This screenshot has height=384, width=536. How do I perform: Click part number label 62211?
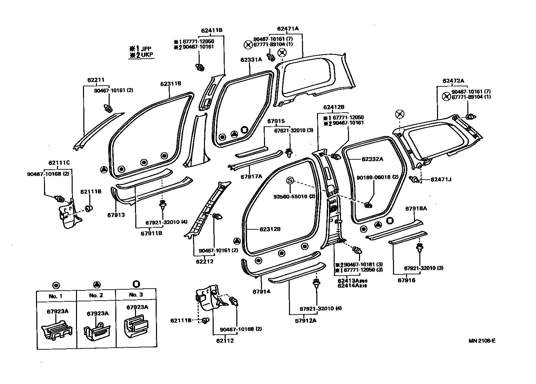96,80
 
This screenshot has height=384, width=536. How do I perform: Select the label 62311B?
171,84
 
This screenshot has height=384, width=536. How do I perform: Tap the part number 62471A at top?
288,29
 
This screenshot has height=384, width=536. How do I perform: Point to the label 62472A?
453,81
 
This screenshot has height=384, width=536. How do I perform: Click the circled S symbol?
290,180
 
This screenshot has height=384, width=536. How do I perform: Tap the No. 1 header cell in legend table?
56,296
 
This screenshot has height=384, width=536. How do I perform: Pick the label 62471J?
441,179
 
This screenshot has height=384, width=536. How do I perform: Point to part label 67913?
116,215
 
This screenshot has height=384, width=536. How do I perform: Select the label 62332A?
372,159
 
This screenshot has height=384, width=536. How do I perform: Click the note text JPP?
146,49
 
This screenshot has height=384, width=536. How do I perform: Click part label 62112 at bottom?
225,341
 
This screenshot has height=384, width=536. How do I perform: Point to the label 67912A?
306,321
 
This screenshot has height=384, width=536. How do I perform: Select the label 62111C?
59,163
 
